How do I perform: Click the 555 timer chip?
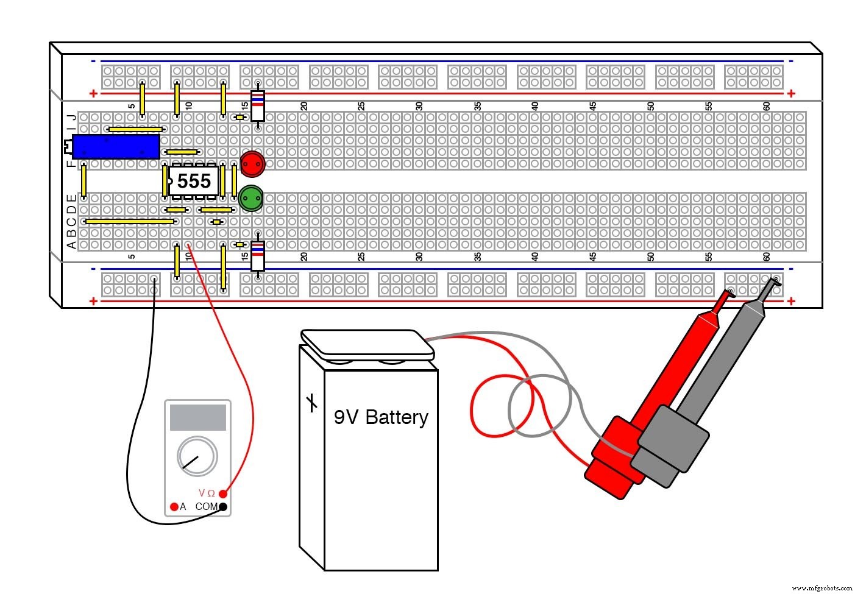click(194, 181)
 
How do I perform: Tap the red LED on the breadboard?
click(252, 163)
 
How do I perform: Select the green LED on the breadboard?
click(250, 199)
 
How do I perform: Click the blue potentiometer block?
click(116, 147)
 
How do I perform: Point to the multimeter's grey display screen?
click(197, 417)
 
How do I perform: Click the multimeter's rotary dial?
click(197, 456)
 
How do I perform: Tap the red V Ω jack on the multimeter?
click(223, 493)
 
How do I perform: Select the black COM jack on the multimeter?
click(223, 507)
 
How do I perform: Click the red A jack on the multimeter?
click(174, 507)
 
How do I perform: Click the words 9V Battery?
click(381, 417)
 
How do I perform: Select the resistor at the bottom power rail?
click(258, 256)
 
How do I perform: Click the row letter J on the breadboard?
click(72, 118)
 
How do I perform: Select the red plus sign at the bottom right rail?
click(791, 301)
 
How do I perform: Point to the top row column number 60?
click(766, 105)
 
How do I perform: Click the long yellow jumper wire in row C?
click(130, 222)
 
